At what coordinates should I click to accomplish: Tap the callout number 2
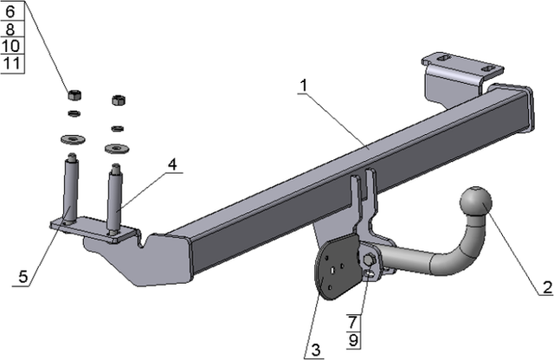pyautogui.click(x=545, y=287)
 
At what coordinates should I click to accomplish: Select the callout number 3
pyautogui.click(x=316, y=350)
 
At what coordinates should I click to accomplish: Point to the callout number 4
pyautogui.click(x=173, y=164)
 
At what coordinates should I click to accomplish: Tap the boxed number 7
pyautogui.click(x=352, y=321)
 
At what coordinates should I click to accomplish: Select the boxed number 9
pyautogui.click(x=352, y=337)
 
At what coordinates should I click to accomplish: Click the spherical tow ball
pyautogui.click(x=473, y=202)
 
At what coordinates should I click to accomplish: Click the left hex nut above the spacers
pyautogui.click(x=74, y=93)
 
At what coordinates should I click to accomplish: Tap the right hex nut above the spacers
pyautogui.click(x=119, y=99)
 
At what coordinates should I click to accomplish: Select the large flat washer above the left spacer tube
pyautogui.click(x=71, y=138)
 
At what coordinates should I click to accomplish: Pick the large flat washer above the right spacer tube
pyautogui.click(x=113, y=147)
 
